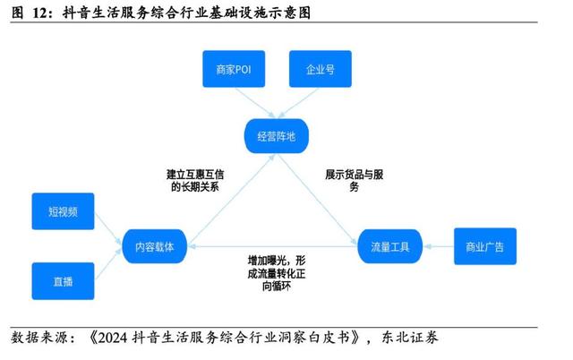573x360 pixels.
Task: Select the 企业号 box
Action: pyautogui.click(x=320, y=69)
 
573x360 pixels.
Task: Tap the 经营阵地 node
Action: pyautogui.click(x=276, y=136)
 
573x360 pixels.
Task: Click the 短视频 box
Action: pyautogui.click(x=63, y=211)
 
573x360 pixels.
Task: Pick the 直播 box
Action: pyautogui.click(x=63, y=280)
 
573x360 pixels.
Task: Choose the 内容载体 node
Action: pyautogui.click(x=155, y=245)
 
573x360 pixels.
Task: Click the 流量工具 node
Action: pyautogui.click(x=389, y=245)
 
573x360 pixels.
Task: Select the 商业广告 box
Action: pyautogui.click(x=485, y=245)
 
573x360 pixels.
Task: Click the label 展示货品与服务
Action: pyautogui.click(x=355, y=180)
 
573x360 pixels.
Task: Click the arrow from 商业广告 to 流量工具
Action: pyautogui.click(x=438, y=245)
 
